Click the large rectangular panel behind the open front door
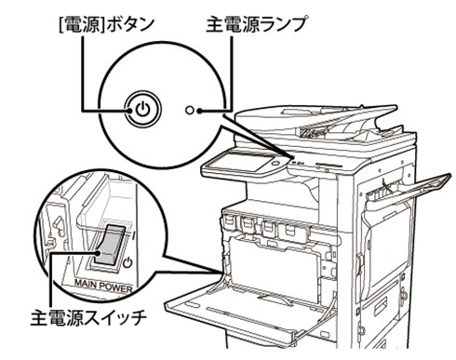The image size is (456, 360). point(275,265)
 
